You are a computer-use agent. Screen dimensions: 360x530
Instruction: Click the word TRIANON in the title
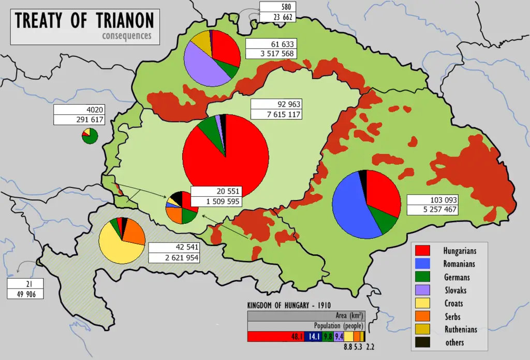coord(124,21)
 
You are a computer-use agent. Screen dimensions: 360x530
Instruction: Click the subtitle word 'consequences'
coord(127,36)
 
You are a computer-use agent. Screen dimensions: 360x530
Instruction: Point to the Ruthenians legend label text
coord(460,329)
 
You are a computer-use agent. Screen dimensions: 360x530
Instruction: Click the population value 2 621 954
coord(174,257)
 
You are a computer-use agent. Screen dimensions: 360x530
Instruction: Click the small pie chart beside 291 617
coord(90,136)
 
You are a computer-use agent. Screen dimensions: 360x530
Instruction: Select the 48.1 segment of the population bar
coord(274,336)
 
